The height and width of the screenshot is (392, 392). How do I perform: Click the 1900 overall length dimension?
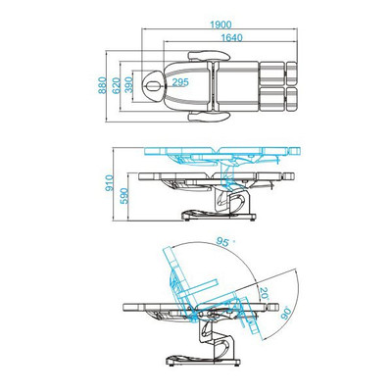tap(220, 24)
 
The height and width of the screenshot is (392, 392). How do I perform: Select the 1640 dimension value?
tap(232, 38)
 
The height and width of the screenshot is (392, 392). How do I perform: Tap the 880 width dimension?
tap(103, 85)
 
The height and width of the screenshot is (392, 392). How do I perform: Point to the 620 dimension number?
tap(116, 85)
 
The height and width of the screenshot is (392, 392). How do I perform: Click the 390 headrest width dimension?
tap(129, 85)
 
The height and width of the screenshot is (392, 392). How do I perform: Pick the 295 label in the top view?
tap(180, 82)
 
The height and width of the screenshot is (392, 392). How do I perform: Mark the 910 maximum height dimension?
tap(110, 183)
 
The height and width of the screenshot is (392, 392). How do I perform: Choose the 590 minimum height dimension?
tap(124, 196)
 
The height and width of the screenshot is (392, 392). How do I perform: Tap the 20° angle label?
tap(264, 294)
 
